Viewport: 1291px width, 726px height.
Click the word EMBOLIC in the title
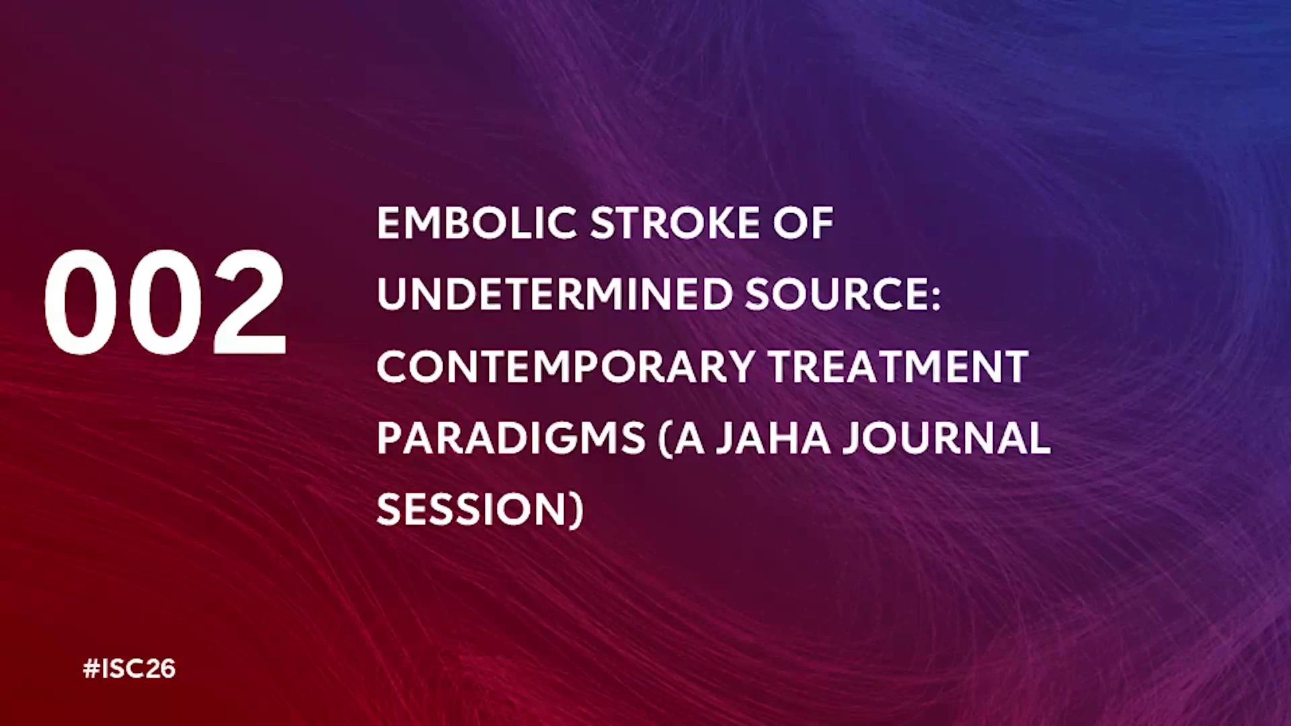(x=477, y=223)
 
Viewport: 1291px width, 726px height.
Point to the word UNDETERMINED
(x=555, y=294)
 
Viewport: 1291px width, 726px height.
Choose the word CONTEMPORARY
(x=566, y=366)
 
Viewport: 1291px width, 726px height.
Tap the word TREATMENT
(x=898, y=366)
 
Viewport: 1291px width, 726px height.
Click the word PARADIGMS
(x=511, y=438)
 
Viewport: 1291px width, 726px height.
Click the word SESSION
(x=473, y=510)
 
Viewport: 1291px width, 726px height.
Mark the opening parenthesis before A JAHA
(x=666, y=440)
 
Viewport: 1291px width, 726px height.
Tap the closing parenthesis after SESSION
(x=577, y=512)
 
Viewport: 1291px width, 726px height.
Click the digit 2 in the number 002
(x=249, y=302)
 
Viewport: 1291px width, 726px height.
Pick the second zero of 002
(x=165, y=302)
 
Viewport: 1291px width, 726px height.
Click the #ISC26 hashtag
(x=129, y=669)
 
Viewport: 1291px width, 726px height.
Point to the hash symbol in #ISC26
(x=91, y=669)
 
